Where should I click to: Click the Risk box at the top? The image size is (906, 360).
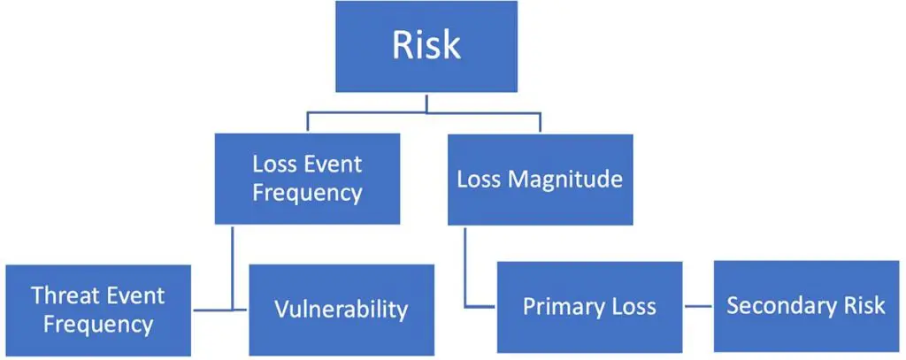pos(426,47)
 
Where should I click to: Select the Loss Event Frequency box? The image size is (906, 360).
pos(307,179)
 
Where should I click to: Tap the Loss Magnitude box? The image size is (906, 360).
pos(540,179)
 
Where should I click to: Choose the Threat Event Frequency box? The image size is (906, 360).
pos(97,310)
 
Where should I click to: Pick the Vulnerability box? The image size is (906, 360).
pos(341,310)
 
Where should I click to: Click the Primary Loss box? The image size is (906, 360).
pos(589,307)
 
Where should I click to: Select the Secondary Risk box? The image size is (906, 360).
pos(805,306)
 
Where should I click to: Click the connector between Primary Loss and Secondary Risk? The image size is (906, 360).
pos(697,307)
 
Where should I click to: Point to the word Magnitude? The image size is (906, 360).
pos(566,180)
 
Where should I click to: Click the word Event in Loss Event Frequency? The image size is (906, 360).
pos(333,165)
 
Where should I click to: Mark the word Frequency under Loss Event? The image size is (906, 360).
pos(307,193)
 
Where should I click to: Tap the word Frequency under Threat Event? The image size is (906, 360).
pos(97,324)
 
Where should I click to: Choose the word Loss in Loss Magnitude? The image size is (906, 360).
pos(479,180)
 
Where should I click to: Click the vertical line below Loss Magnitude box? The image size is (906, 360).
pos(465,265)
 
